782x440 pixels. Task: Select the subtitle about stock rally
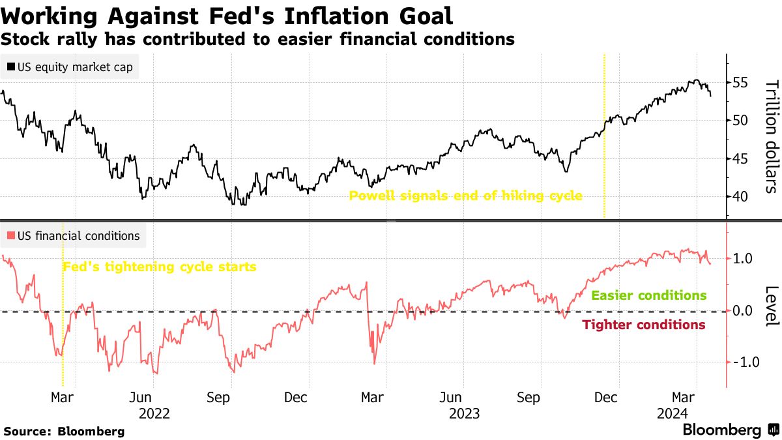(258, 40)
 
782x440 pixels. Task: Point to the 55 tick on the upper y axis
(741, 83)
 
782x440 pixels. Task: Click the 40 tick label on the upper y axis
(741, 197)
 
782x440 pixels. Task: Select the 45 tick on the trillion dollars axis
(741, 159)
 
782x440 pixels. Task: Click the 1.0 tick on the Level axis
(742, 259)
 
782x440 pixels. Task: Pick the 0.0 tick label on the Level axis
(742, 311)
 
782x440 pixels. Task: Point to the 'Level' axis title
(770, 305)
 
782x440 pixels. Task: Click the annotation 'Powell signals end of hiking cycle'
(465, 196)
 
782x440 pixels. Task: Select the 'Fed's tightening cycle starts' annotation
(159, 267)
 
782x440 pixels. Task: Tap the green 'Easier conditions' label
(648, 295)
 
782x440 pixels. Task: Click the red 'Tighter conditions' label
(643, 325)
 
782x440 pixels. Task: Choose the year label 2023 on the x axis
(465, 414)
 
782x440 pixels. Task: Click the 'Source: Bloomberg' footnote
(64, 431)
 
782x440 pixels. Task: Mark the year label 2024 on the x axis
(672, 414)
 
